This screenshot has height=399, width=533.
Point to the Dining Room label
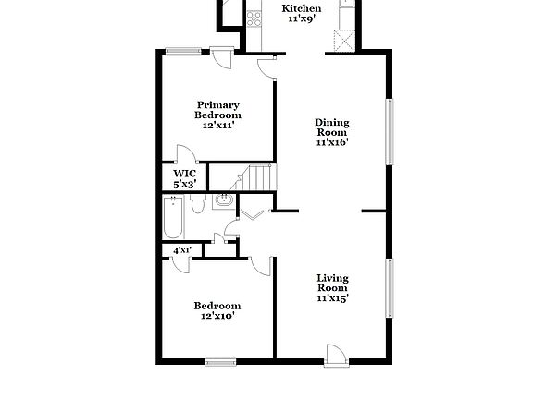coord(331,132)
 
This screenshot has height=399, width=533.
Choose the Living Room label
coord(331,287)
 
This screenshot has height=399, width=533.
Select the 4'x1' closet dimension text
coord(183,249)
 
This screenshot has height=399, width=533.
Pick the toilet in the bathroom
coord(196,206)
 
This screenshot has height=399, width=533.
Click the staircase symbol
coord(254,177)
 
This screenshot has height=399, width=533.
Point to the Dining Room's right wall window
coord(390,130)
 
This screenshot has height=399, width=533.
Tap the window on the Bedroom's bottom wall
coord(219,360)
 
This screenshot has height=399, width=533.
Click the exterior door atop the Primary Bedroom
coord(222,56)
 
